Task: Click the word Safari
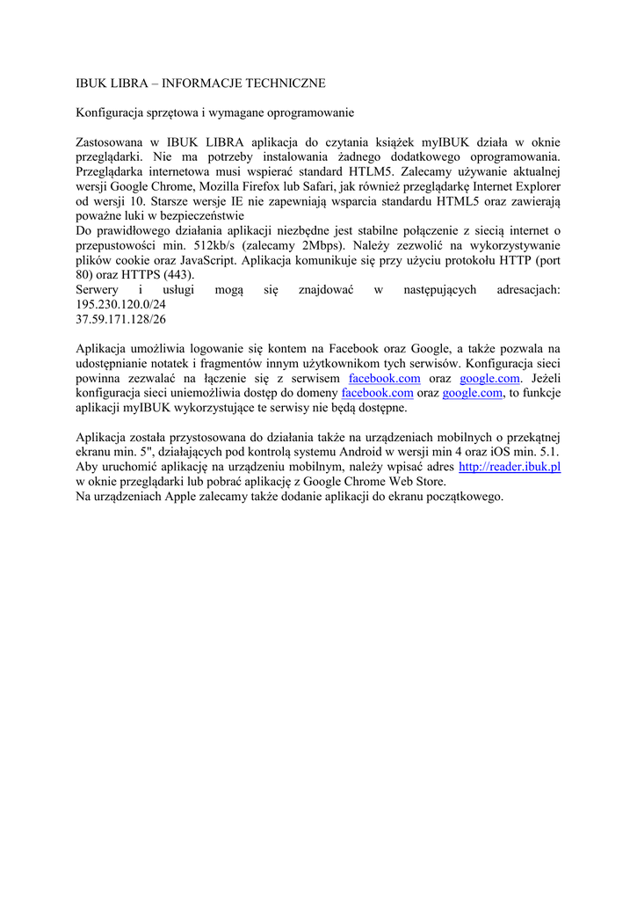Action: pos(309,187)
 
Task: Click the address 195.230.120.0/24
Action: pos(121,304)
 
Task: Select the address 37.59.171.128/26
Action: pos(121,319)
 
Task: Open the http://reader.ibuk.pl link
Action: pos(510,467)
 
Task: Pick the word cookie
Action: pos(132,262)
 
